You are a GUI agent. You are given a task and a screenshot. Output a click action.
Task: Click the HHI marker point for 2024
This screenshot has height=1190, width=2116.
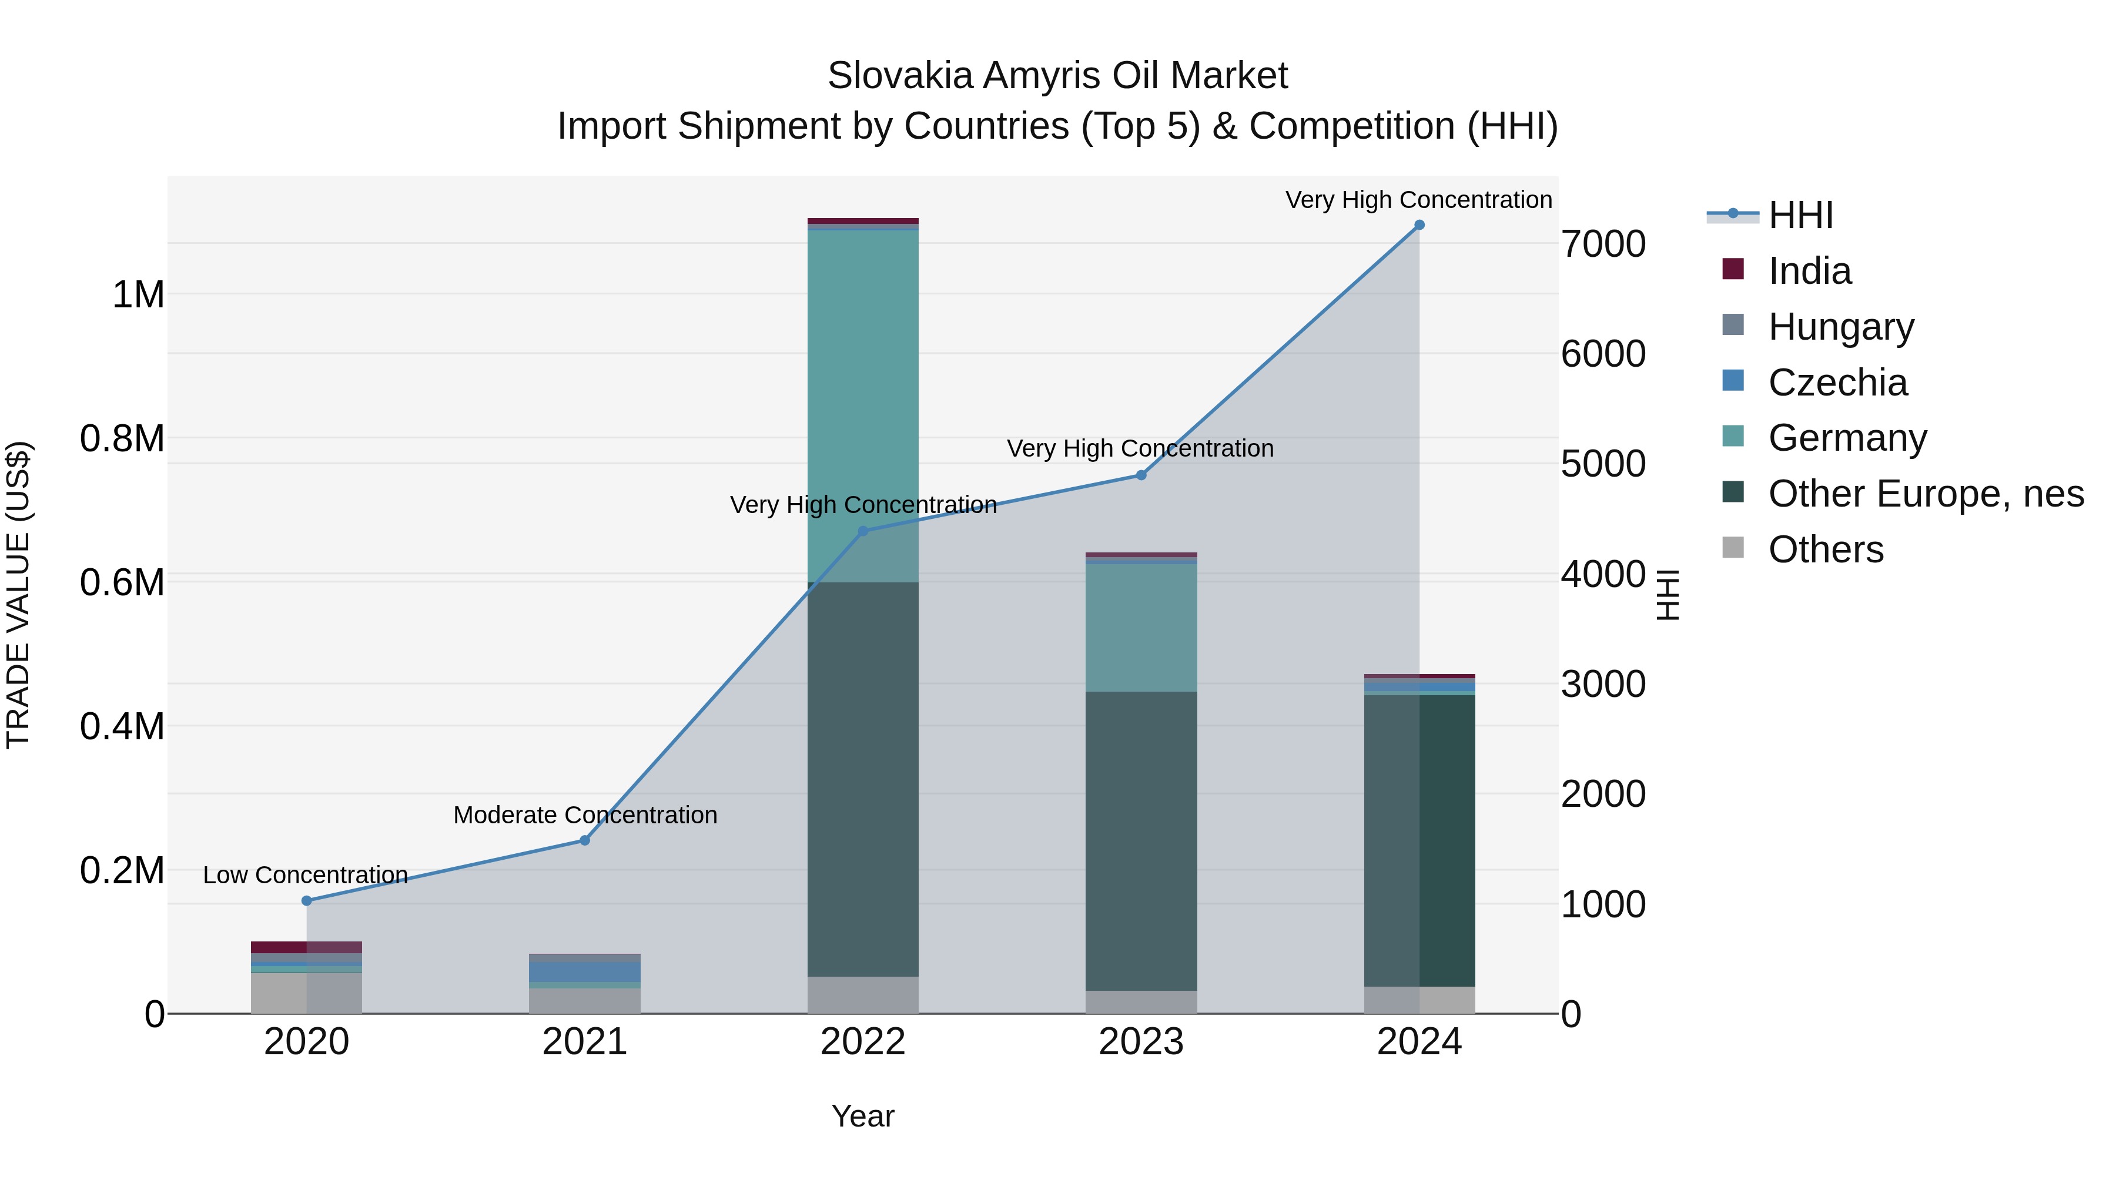(1419, 225)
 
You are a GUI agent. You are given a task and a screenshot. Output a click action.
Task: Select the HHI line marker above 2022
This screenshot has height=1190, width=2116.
(862, 531)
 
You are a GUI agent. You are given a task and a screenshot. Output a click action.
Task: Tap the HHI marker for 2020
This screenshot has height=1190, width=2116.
(306, 901)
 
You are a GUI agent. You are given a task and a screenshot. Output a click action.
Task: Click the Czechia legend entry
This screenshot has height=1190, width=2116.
(1837, 383)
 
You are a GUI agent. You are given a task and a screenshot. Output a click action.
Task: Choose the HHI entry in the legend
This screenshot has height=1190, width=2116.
(1800, 215)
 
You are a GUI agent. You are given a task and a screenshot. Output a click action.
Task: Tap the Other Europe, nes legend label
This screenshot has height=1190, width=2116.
(1926, 494)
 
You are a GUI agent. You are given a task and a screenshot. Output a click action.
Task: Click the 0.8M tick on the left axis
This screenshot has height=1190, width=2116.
(122, 438)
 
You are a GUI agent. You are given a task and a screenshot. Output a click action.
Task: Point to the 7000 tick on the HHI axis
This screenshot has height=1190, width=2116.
(1603, 244)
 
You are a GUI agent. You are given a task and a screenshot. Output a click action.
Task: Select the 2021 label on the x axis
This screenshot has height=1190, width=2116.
(584, 1042)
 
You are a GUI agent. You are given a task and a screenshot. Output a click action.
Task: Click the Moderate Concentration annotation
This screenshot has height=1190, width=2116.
(585, 816)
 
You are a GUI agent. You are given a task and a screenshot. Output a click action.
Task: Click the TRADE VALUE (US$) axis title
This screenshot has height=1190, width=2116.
(18, 595)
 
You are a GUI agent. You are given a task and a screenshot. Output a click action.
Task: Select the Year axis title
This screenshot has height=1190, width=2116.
(862, 1117)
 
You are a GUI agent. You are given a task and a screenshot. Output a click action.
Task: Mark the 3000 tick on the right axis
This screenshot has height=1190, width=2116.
(1603, 684)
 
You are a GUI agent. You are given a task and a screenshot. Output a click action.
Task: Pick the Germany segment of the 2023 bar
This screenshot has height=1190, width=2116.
(1141, 628)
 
